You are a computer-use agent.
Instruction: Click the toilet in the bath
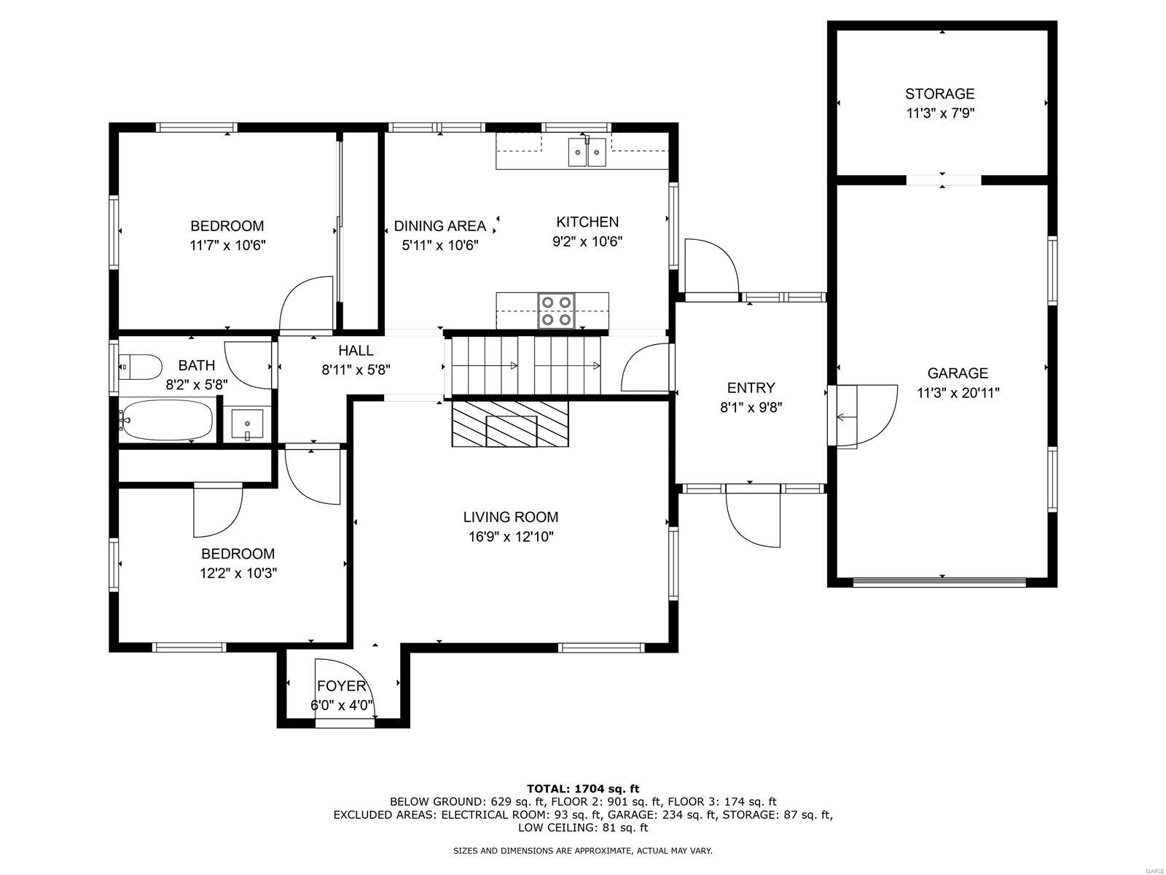click(x=140, y=367)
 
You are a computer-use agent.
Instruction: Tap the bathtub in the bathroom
click(x=166, y=420)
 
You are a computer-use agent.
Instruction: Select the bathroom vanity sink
click(x=247, y=425)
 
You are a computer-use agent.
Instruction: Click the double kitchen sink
click(x=587, y=152)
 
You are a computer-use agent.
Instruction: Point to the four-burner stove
click(x=556, y=311)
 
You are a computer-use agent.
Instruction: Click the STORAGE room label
click(x=939, y=94)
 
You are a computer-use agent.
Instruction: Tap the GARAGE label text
click(x=958, y=373)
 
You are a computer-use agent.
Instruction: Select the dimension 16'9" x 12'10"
click(x=511, y=537)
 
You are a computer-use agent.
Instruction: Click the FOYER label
click(x=342, y=686)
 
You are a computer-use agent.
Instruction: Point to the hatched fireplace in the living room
click(x=510, y=424)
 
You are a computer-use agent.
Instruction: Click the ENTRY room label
click(x=751, y=388)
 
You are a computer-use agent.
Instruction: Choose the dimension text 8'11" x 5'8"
click(x=356, y=370)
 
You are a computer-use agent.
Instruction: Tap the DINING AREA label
click(x=440, y=226)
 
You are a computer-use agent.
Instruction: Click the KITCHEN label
click(x=587, y=222)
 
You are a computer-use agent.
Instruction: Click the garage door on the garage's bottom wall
click(x=939, y=582)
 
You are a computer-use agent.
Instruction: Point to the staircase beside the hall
click(x=526, y=365)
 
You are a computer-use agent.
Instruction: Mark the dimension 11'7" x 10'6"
click(x=227, y=246)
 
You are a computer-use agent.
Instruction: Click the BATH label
click(x=197, y=365)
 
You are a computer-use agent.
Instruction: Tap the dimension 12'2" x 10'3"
click(x=238, y=573)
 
